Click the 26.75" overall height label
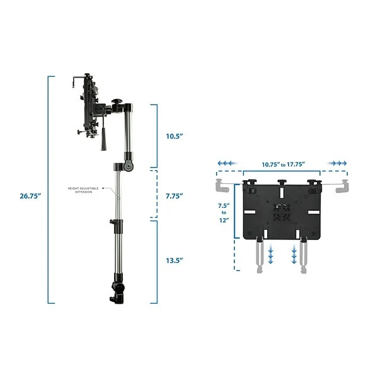tap(30, 196)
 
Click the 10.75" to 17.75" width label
tap(283, 165)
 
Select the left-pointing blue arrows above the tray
tap(228, 163)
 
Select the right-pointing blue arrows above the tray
tap(338, 163)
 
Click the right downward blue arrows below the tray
tap(294, 256)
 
